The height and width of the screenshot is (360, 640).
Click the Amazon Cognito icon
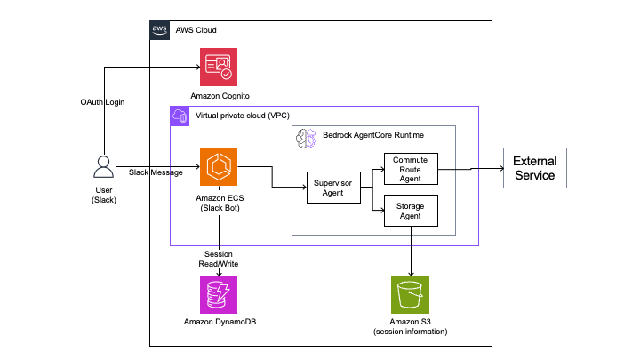(x=218, y=66)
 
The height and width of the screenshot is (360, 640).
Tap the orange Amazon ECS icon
(x=218, y=166)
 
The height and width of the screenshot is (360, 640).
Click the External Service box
(x=532, y=168)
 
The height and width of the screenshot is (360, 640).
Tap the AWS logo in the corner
(x=159, y=30)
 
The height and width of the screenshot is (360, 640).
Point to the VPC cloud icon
(x=179, y=116)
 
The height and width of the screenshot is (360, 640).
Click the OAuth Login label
(x=102, y=103)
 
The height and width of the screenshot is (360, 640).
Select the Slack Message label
(x=156, y=172)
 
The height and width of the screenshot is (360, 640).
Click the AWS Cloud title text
(x=196, y=30)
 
